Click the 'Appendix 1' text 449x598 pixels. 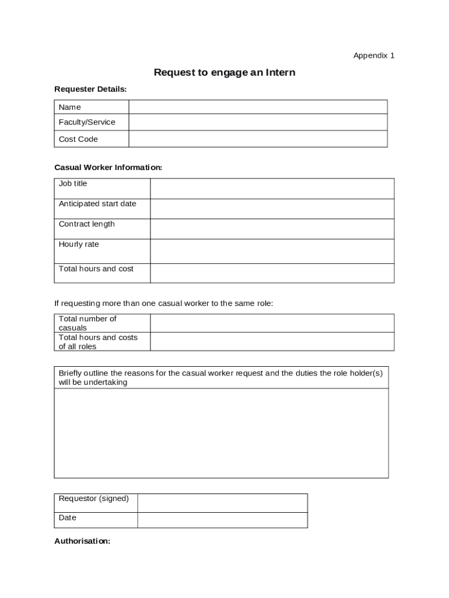pos(374,55)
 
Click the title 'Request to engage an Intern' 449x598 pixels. pos(224,72)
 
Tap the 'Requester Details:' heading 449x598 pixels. pos(90,89)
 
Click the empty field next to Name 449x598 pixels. pos(258,107)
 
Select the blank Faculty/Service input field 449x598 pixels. pos(258,122)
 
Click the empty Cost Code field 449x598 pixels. pos(258,139)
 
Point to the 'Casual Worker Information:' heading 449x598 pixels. pos(108,168)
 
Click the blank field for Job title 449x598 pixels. pos(272,189)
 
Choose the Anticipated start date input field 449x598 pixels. pos(272,208)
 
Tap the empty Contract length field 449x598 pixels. pos(272,229)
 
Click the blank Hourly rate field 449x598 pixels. pos(272,251)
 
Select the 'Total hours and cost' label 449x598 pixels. pos(96,269)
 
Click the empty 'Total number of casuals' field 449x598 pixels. pos(272,323)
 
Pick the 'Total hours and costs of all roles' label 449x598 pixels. pos(98,342)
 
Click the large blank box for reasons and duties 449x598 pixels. pos(221,433)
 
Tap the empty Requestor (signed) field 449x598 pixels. pos(222,503)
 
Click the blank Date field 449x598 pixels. pos(222,520)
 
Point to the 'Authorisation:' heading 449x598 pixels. pos(82,541)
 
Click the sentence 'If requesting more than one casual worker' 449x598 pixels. pos(163,304)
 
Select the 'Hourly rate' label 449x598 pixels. pos(79,245)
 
